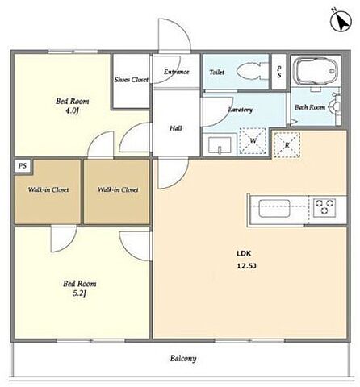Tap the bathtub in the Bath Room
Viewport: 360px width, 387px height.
(x=316, y=71)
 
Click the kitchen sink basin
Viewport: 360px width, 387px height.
(x=274, y=208)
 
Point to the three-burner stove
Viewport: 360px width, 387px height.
(x=324, y=207)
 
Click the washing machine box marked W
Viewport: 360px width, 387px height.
(x=253, y=141)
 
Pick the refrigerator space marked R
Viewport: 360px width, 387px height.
(x=287, y=145)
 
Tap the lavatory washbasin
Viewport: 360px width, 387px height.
(x=220, y=146)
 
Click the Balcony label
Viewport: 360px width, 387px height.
(x=183, y=359)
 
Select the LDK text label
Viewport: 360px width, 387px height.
(x=244, y=253)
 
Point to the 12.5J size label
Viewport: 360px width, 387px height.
(x=246, y=266)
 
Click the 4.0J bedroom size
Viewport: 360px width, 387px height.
(x=72, y=110)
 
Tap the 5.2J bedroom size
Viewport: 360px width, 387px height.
(x=79, y=293)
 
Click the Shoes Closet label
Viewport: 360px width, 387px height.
(x=132, y=80)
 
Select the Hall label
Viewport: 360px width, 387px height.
(x=176, y=128)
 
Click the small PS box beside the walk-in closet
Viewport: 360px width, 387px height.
(x=23, y=166)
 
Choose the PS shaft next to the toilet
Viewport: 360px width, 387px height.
(x=278, y=72)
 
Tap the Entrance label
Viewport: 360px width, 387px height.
(x=177, y=72)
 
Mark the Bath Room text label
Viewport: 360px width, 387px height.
(x=310, y=107)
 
